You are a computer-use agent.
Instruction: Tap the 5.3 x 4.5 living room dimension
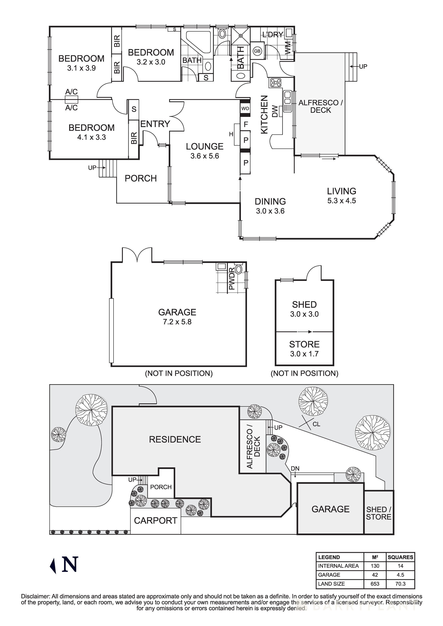click(341, 201)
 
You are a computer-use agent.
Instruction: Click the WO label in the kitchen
click(245, 108)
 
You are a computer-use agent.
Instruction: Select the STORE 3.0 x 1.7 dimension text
click(304, 354)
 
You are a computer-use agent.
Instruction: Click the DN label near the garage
click(295, 468)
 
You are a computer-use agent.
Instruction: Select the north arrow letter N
click(70, 564)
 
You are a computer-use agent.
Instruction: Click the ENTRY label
click(155, 124)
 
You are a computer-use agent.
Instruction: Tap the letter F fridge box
click(246, 124)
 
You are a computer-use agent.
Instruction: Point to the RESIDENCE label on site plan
click(175, 439)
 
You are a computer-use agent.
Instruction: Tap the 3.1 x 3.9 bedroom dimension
click(81, 68)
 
